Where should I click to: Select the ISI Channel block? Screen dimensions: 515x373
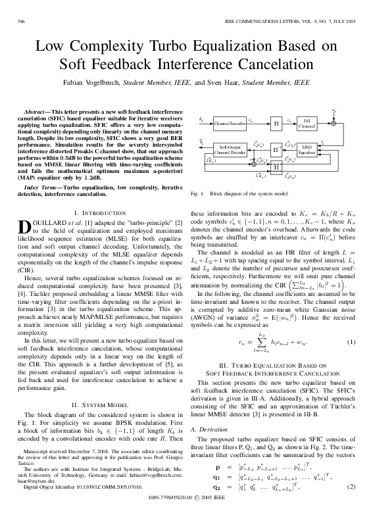(x=307, y=122)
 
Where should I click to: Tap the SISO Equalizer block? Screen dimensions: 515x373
(x=307, y=150)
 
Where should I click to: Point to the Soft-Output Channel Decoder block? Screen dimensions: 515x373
(x=230, y=150)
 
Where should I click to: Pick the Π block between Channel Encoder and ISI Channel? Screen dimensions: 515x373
(x=276, y=122)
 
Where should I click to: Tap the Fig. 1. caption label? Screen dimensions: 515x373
(x=198, y=194)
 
